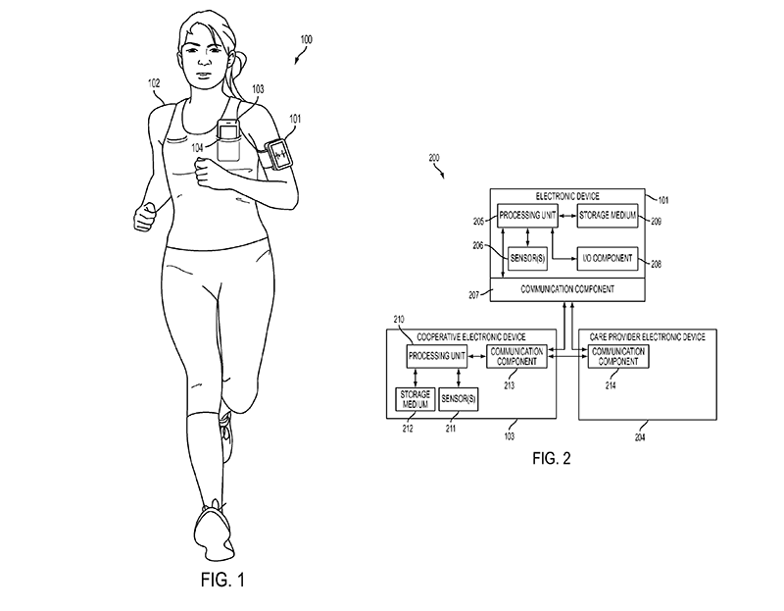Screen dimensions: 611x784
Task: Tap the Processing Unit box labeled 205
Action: (527, 216)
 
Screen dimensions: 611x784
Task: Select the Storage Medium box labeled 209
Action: (608, 216)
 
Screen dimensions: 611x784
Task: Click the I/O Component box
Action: (608, 260)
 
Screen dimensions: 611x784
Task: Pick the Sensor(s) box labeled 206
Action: (527, 260)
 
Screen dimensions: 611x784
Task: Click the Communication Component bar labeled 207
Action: (567, 289)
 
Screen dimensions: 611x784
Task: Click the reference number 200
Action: (434, 158)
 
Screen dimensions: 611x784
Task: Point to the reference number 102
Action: (154, 83)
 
